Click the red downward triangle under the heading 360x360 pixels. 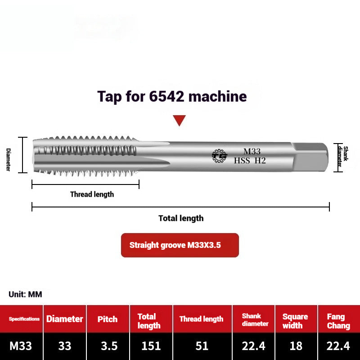pyautogui.click(x=180, y=120)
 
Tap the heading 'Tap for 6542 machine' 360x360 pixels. pyautogui.click(x=172, y=96)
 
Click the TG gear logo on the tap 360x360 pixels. pyautogui.click(x=220, y=156)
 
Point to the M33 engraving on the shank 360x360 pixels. pyautogui.click(x=252, y=152)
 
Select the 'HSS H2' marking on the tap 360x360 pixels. pyautogui.click(x=250, y=161)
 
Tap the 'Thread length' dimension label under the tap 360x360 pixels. pyautogui.click(x=92, y=194)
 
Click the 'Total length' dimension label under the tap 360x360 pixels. pyautogui.click(x=181, y=218)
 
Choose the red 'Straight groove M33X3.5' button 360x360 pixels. pyautogui.click(x=180, y=245)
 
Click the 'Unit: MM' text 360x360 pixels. pyautogui.click(x=25, y=294)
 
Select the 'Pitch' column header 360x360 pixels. pyautogui.click(x=108, y=319)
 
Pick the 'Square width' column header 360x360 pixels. pyautogui.click(x=295, y=321)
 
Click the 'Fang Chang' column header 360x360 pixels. pyautogui.click(x=338, y=321)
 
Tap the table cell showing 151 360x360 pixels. pyautogui.click(x=151, y=346)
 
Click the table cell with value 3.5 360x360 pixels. pyautogui.click(x=108, y=346)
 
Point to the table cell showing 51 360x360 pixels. pyautogui.click(x=202, y=346)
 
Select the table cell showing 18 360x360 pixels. pyautogui.click(x=295, y=346)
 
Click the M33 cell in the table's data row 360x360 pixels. pyautogui.click(x=21, y=346)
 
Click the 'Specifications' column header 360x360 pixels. pyautogui.click(x=24, y=319)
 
